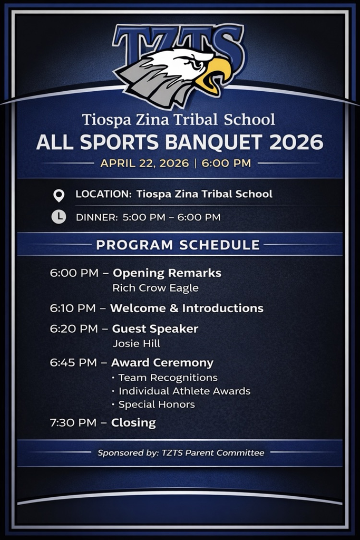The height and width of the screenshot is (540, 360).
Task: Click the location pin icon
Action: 59,195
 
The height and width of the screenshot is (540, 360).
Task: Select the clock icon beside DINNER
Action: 59,217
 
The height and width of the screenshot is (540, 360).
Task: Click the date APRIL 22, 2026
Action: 144,163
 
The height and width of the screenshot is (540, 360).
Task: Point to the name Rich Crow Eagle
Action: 155,288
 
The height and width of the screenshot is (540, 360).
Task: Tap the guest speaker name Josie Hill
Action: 137,343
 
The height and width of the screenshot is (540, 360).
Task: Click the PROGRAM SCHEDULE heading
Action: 178,245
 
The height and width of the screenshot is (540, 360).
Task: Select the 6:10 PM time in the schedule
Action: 73,308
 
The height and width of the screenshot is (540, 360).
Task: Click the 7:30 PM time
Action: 73,422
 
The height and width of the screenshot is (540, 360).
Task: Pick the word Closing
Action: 133,422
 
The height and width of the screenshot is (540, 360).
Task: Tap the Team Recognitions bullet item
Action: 165,378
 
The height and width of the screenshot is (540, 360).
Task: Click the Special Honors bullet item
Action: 153,404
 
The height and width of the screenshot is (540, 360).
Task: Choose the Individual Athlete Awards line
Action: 181,391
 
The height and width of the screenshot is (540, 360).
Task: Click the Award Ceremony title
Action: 162,363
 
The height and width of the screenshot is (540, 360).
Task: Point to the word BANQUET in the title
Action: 213,142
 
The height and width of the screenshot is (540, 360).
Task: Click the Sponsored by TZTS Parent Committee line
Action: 181,453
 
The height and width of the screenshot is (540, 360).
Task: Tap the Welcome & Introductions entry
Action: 187,308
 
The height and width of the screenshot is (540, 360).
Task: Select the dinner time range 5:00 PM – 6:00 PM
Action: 172,217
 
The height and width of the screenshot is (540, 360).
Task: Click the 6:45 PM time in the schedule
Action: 73,363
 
